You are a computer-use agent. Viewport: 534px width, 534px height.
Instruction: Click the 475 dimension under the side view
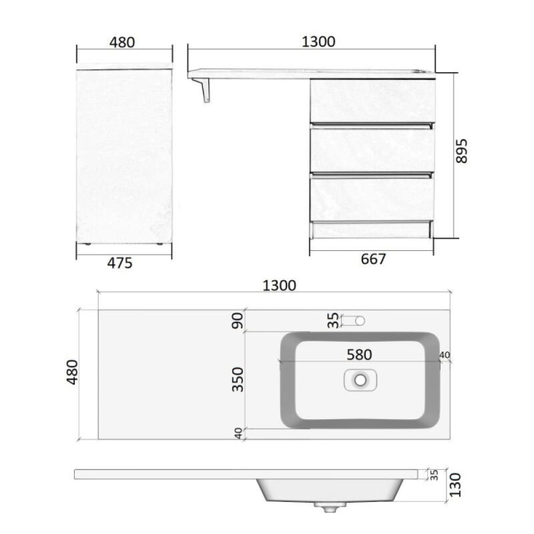click(x=119, y=263)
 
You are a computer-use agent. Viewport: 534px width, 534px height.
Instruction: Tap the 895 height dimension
click(x=461, y=152)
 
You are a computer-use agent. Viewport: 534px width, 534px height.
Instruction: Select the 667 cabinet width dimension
click(x=373, y=259)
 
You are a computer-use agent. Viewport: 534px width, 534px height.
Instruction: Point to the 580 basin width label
click(x=359, y=355)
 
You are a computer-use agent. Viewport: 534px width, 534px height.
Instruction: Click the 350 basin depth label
click(x=238, y=379)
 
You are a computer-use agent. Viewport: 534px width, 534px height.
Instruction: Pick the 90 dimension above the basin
click(x=238, y=320)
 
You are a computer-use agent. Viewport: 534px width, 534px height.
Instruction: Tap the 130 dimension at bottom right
click(x=455, y=485)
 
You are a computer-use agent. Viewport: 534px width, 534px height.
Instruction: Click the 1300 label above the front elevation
click(x=318, y=41)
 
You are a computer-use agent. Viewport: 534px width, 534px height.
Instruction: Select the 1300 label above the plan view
click(x=279, y=286)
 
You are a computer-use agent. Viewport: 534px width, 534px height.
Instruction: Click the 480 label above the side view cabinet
click(x=122, y=42)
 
